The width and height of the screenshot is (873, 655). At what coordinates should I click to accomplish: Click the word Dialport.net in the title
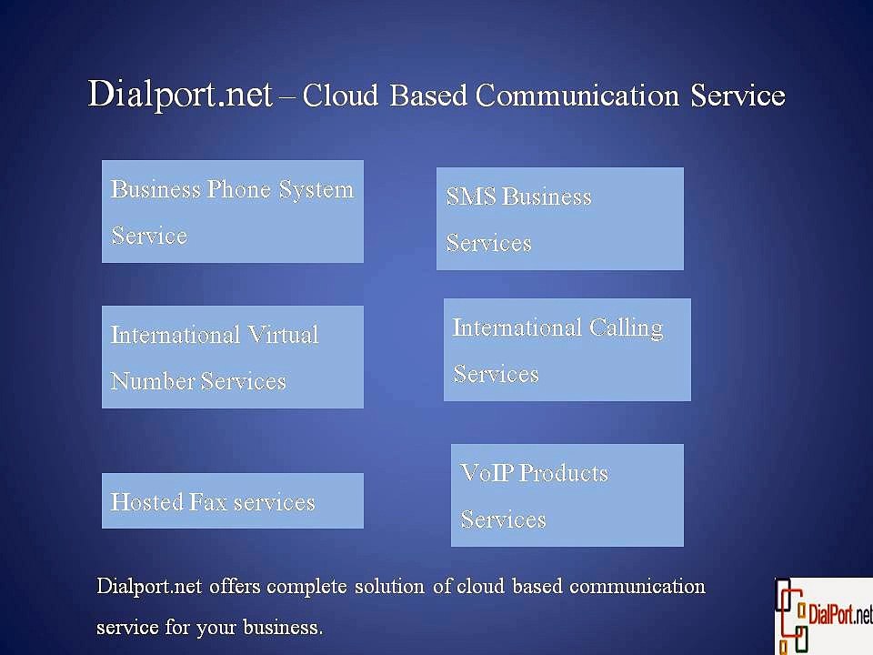point(180,94)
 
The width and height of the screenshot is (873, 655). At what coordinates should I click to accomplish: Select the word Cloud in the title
point(340,95)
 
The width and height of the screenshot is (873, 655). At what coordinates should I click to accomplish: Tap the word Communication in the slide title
point(577,95)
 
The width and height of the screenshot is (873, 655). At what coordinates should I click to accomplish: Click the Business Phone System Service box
point(233,212)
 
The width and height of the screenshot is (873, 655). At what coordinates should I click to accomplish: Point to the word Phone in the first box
point(239,189)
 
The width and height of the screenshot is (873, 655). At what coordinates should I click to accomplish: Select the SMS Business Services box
point(560,219)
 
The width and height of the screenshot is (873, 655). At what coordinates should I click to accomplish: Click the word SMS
point(471,196)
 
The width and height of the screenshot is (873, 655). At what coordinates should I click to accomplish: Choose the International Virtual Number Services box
point(233,357)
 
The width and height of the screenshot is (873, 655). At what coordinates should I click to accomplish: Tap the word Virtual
point(283,335)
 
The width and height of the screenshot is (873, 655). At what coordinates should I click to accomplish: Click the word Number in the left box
point(152,381)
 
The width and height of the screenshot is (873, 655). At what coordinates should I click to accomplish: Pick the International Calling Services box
point(567,349)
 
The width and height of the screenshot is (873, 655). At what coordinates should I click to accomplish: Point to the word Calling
point(627,328)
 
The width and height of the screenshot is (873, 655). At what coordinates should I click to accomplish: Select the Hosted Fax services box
point(233,500)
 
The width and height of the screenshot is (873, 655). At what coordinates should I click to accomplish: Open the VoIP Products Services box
point(567,495)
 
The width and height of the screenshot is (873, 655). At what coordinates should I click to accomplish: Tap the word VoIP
point(487,473)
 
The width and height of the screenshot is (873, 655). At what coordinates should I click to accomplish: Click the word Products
point(564,473)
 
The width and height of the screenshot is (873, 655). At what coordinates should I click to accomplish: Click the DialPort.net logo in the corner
point(824,616)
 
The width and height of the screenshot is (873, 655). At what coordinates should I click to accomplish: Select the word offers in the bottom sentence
point(235,587)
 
